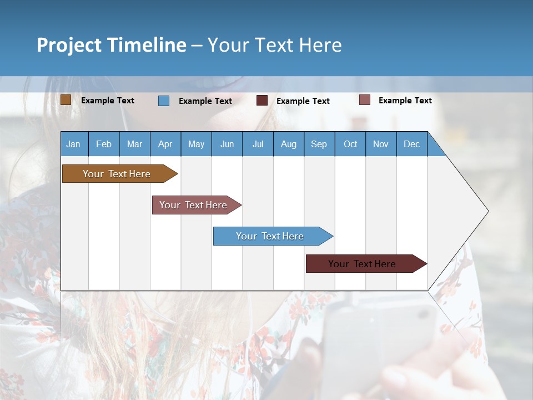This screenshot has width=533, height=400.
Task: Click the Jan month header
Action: click(74, 144)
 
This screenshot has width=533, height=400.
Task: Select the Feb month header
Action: click(104, 144)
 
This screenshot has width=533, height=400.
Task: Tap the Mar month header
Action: click(134, 144)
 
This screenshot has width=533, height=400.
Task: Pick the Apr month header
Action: click(165, 144)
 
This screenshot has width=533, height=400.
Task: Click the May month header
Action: click(196, 144)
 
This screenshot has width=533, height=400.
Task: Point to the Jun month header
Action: click(227, 144)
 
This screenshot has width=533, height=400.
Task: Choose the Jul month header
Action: click(258, 144)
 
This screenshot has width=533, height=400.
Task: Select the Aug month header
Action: click(289, 144)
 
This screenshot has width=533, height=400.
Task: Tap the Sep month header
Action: click(319, 144)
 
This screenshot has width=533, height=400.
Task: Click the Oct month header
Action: click(350, 144)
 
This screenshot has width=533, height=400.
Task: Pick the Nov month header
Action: click(381, 144)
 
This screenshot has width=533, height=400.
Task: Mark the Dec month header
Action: click(412, 144)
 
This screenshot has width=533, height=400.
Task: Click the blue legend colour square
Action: click(164, 101)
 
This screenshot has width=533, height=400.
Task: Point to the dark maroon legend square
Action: click(262, 101)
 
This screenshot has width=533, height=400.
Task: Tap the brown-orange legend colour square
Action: click(66, 100)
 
